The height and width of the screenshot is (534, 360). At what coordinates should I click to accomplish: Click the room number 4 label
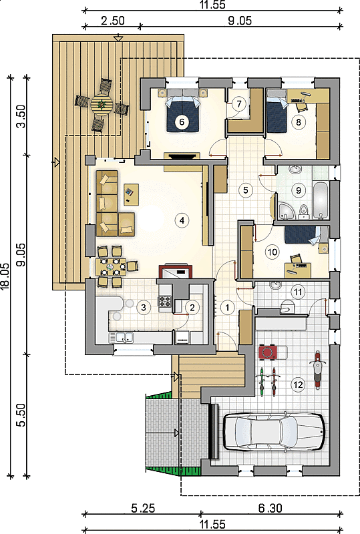pos(182,220)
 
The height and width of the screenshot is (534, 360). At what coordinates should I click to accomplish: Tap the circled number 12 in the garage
pos(298,384)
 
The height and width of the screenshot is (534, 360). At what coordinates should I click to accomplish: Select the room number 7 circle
pos(239,103)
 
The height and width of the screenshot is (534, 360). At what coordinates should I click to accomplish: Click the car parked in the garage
pos(274,432)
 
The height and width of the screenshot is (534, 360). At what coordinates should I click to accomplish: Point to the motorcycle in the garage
pos(317,370)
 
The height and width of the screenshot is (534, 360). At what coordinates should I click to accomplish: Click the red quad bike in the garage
pos(268,352)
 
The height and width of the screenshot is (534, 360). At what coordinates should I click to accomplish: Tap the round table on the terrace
pos(102,103)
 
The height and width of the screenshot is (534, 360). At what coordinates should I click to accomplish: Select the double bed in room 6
pos(182,110)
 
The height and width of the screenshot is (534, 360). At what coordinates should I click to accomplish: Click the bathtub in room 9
pos(321,200)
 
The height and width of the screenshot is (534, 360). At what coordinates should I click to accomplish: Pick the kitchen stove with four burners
pos(165,302)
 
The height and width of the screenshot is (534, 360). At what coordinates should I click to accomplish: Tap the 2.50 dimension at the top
pos(113,21)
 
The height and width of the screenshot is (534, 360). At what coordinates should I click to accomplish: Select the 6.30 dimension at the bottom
pos(270,508)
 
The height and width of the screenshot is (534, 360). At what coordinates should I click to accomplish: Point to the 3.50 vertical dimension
pos(21,116)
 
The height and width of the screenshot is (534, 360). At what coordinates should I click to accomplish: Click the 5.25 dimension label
pos(143,508)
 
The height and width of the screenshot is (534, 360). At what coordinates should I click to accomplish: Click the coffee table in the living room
pos(131,194)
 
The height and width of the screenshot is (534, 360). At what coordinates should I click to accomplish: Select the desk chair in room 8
pos(301,106)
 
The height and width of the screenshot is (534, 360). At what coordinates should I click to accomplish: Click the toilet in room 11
pos(287,306)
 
